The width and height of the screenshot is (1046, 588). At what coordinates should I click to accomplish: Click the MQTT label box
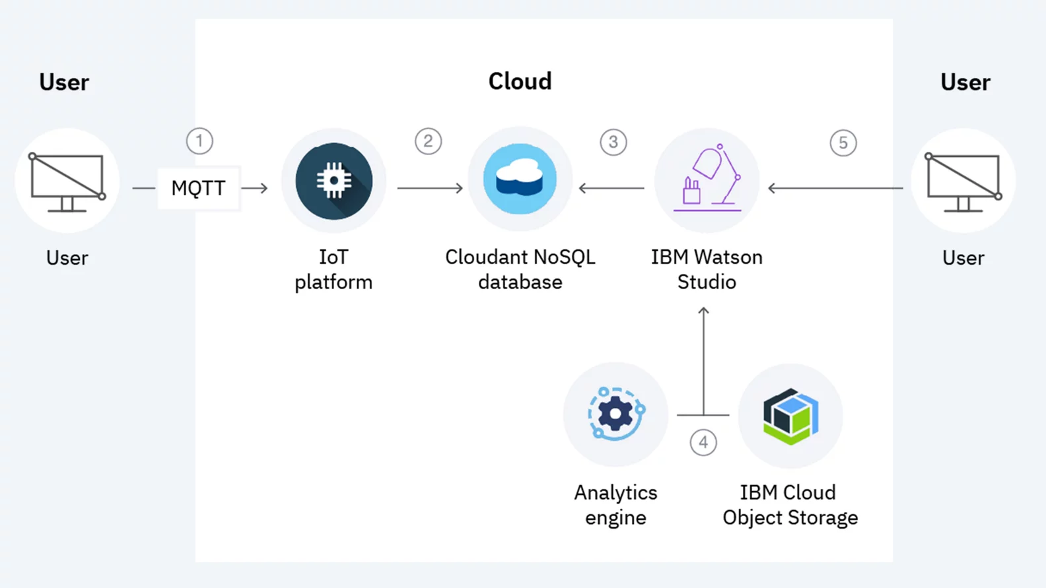(x=198, y=188)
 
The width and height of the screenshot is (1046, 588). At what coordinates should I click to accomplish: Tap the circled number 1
(x=199, y=141)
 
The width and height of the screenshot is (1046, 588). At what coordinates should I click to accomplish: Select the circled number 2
(x=428, y=141)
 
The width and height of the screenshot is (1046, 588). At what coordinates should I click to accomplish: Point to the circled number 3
(x=613, y=143)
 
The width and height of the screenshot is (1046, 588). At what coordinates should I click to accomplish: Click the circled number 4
(x=703, y=443)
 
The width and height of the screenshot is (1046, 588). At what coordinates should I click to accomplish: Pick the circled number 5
(x=843, y=143)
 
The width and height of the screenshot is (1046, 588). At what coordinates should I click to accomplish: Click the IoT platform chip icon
(x=334, y=181)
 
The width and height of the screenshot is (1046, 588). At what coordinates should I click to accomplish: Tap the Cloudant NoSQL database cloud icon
(x=520, y=180)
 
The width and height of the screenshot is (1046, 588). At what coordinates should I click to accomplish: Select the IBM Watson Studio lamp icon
(x=707, y=180)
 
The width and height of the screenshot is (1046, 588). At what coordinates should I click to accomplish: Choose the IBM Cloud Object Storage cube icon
(x=790, y=416)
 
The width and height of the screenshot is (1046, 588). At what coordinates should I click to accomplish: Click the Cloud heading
(x=520, y=81)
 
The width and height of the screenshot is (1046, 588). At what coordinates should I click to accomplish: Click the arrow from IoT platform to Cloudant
(x=430, y=188)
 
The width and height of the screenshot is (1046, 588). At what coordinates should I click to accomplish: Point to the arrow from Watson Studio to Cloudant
(x=611, y=188)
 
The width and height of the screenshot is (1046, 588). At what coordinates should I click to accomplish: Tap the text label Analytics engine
(x=615, y=505)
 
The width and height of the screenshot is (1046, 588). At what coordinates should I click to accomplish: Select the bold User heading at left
(x=64, y=82)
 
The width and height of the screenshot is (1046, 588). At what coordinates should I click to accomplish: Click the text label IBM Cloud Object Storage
(x=790, y=505)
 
